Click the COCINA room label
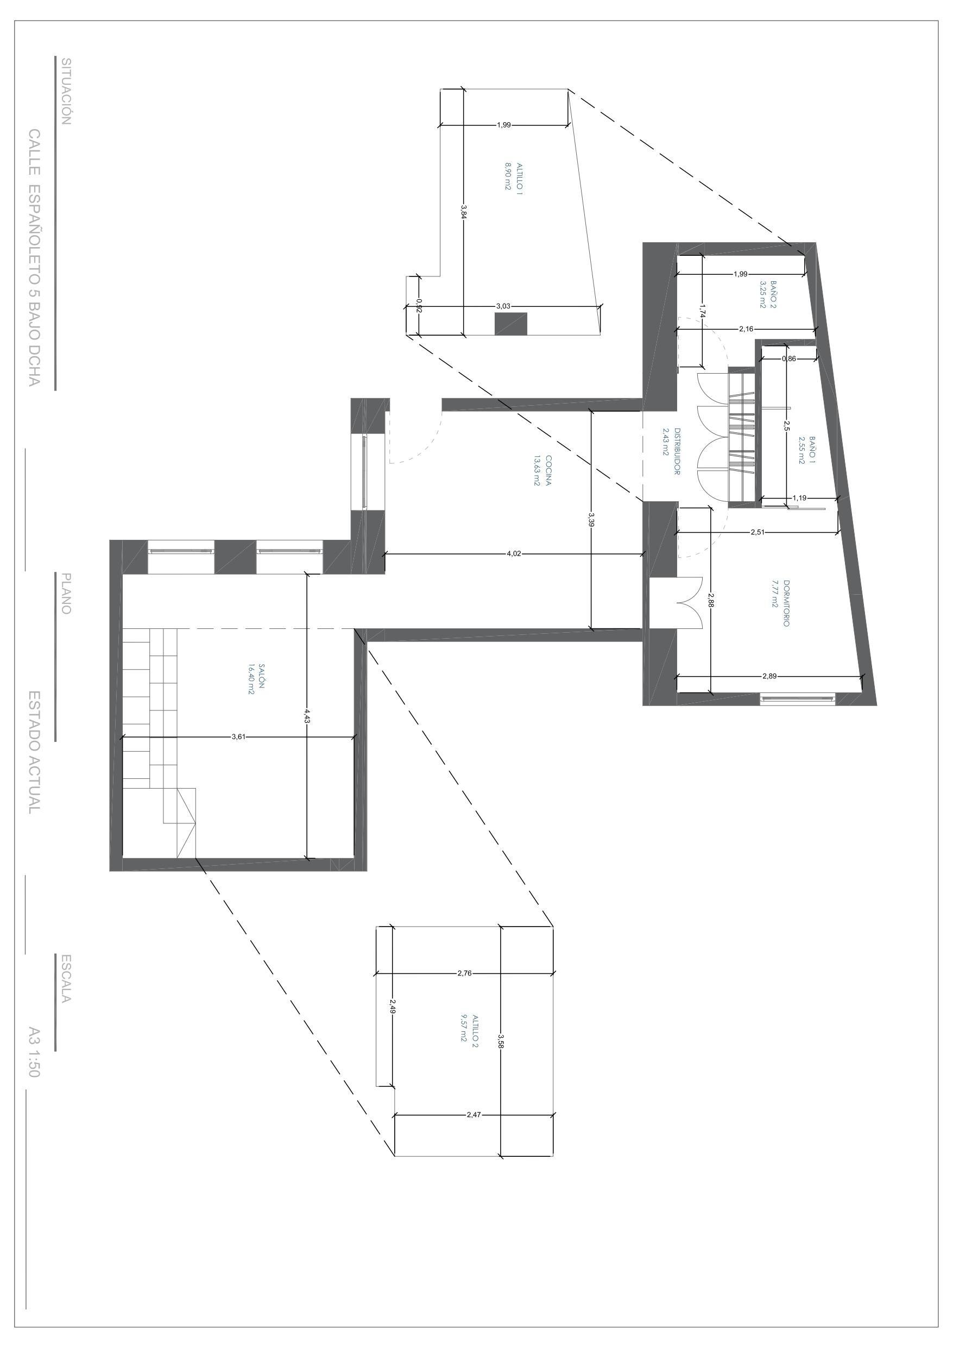(548, 470)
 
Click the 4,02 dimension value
(513, 553)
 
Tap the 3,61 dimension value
(238, 737)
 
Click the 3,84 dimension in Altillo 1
(463, 211)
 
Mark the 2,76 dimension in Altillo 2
(464, 973)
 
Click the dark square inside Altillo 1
(510, 324)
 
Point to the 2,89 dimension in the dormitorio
(769, 676)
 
